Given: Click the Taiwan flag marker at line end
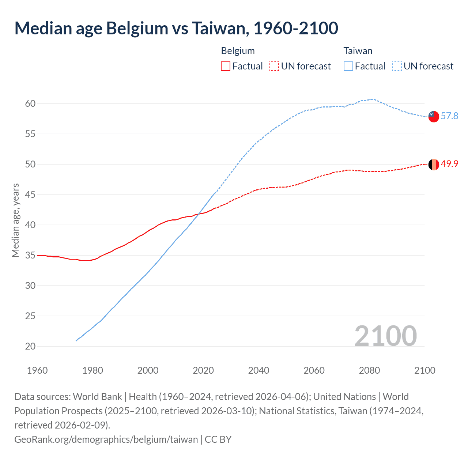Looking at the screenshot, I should (433, 116).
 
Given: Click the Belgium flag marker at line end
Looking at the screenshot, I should (433, 165).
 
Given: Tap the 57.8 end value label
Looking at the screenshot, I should (449, 116).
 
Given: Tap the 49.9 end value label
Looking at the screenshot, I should (449, 164).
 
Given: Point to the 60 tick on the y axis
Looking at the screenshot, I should (30, 103).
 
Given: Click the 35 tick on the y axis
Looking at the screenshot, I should (30, 255).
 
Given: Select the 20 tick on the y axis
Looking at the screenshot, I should (30, 346).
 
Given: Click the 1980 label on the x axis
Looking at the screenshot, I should (93, 370).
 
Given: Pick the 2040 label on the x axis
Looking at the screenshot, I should (258, 370).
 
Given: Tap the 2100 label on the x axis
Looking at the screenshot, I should (424, 370).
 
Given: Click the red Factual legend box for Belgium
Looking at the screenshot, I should (226, 66).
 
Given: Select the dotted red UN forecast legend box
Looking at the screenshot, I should (274, 66).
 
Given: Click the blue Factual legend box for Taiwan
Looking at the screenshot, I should (348, 66).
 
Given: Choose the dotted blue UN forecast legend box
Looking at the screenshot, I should (397, 66).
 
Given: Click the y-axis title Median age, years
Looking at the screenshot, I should (15, 220).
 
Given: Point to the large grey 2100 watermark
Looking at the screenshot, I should (385, 336).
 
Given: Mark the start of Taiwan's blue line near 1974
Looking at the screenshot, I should (76, 341).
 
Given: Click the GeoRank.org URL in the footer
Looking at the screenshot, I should (106, 439).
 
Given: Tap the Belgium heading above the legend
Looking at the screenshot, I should (238, 51).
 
